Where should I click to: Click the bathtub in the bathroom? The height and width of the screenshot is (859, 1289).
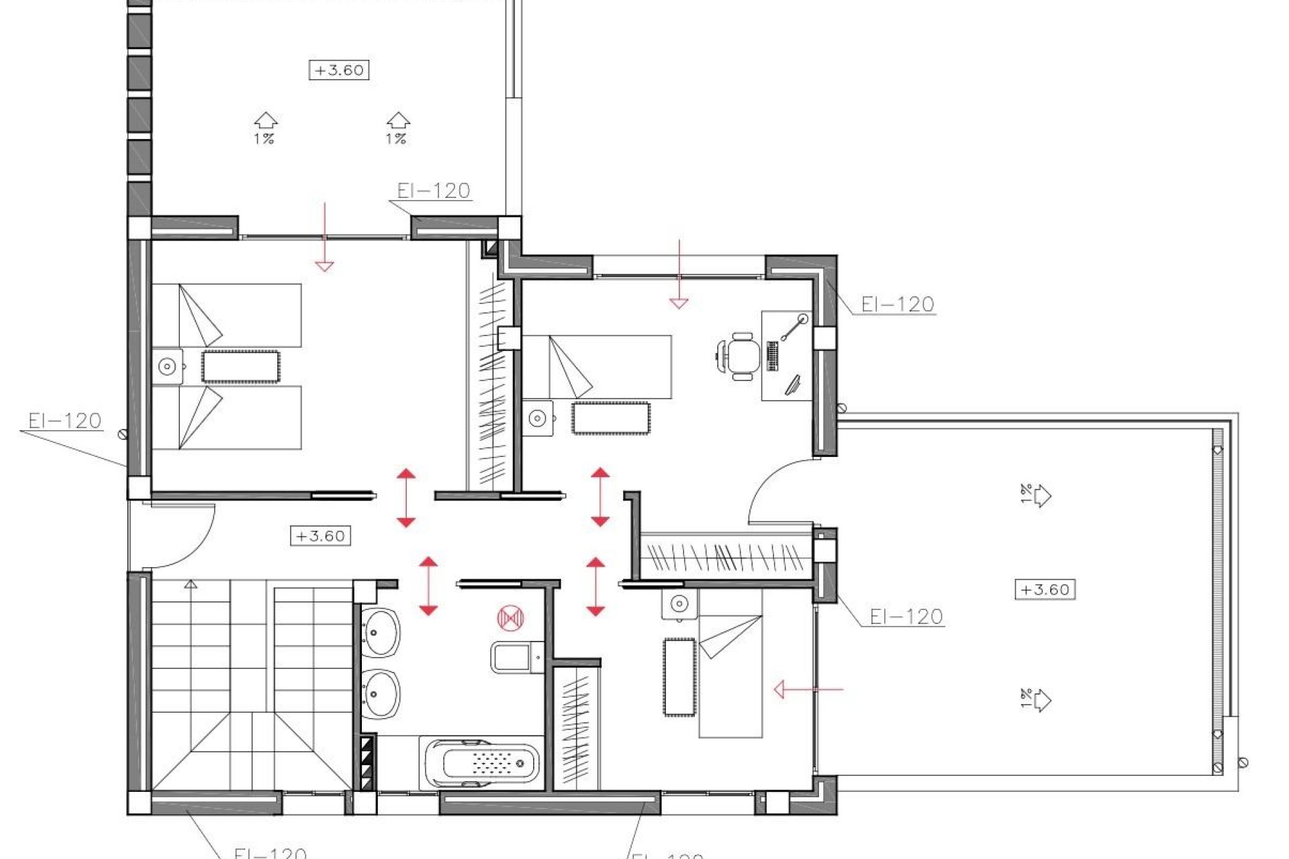click(482, 763)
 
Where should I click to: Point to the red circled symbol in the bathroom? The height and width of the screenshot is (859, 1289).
click(510, 618)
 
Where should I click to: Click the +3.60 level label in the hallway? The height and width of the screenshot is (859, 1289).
click(320, 536)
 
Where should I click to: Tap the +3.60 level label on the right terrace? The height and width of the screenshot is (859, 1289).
click(1045, 590)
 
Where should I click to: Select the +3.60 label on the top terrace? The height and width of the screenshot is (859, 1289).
click(339, 70)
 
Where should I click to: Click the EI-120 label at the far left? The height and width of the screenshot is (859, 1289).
click(64, 421)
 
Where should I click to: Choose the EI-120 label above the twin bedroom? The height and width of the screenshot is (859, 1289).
click(433, 191)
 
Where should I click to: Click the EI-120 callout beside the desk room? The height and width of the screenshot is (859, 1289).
click(897, 305)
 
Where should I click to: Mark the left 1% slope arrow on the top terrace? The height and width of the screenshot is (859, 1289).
click(265, 128)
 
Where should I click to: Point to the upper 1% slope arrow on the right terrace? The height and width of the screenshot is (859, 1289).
click(1037, 496)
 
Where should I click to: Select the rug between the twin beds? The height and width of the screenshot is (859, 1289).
click(240, 367)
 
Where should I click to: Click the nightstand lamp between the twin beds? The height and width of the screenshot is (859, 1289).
click(167, 366)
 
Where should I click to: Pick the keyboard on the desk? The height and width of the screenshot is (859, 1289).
click(772, 356)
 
